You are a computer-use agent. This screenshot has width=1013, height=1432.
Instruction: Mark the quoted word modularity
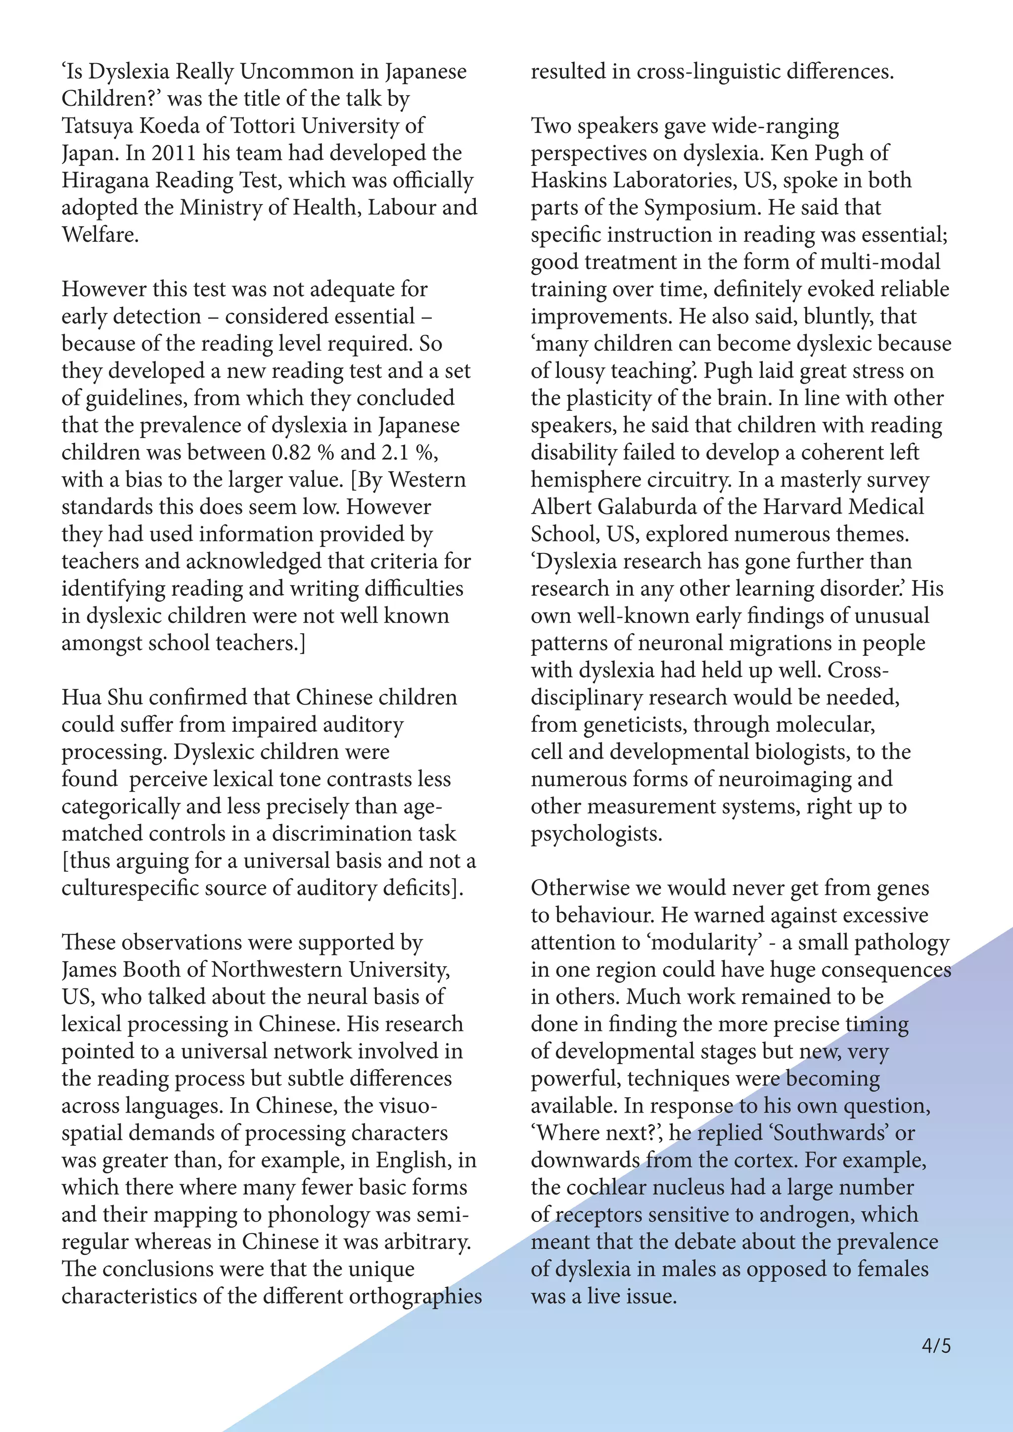(705, 942)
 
